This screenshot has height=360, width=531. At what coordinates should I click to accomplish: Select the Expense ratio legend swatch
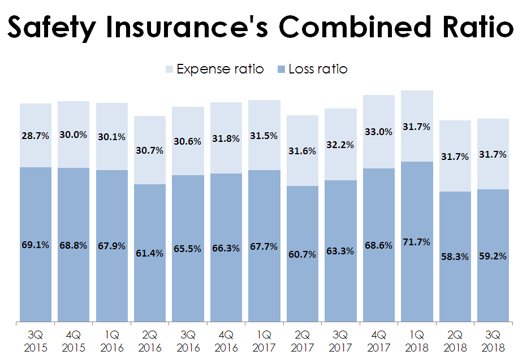169,70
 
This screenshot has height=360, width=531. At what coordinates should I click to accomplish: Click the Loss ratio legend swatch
281,70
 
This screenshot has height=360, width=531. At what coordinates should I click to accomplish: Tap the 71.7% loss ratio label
417,242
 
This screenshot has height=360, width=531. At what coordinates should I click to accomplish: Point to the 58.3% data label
455,257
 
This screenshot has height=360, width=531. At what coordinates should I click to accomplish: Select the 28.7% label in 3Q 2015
36,136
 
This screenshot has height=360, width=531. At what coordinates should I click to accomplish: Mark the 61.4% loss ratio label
149,253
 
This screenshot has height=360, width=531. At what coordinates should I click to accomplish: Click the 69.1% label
36,245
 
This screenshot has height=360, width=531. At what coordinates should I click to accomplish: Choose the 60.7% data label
302,254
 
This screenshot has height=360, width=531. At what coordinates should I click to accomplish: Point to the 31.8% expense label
226,138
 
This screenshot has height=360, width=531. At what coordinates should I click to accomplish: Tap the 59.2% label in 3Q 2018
493,255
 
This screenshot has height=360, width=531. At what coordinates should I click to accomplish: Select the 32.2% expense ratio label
340,145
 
